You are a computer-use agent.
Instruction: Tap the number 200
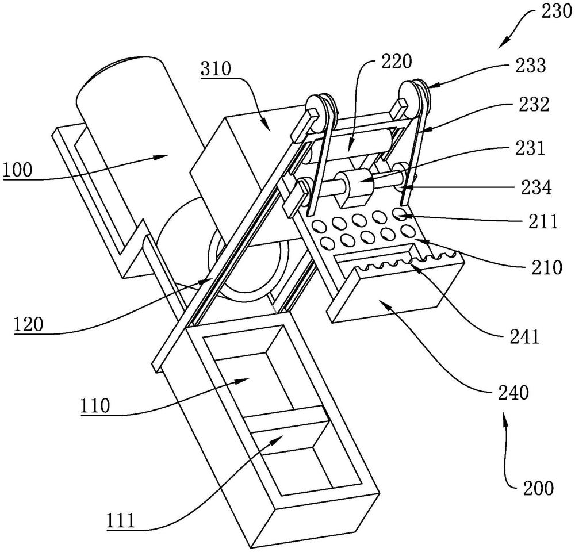click(x=539, y=489)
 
